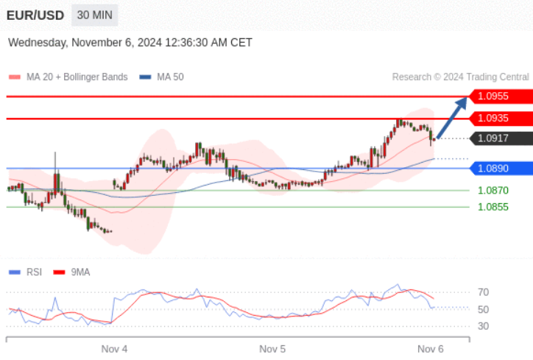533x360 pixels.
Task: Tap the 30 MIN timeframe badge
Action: [x=95, y=15]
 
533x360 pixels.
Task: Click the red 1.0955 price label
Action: [x=501, y=96]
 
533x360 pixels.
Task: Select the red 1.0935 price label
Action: [x=501, y=118]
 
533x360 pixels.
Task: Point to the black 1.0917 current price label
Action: [x=501, y=138]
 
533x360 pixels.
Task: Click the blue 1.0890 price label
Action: [x=501, y=169]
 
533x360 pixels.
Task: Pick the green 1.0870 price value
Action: [x=493, y=190]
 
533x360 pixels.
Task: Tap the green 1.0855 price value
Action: [x=493, y=207]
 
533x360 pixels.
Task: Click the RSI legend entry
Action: [x=33, y=272]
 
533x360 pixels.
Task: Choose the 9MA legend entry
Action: [x=80, y=272]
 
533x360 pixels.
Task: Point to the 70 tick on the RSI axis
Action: [x=484, y=292]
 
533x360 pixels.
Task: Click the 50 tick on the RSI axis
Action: [x=484, y=309]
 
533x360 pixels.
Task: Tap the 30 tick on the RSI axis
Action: [x=484, y=326]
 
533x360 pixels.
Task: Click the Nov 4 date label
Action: [x=114, y=348]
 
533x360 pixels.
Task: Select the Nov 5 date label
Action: [x=272, y=348]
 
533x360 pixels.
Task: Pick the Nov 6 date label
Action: [x=431, y=348]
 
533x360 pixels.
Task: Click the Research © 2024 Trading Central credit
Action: [x=460, y=77]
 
